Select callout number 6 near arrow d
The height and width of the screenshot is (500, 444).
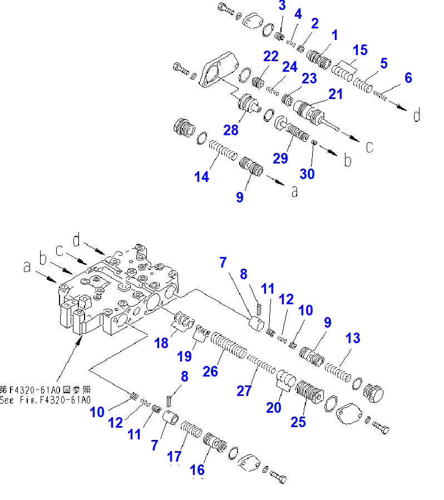pyautogui.click(x=408, y=78)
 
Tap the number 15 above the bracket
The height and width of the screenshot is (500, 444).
pyautogui.click(x=360, y=51)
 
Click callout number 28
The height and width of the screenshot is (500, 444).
pyautogui.click(x=231, y=130)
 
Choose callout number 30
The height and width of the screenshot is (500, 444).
pyautogui.click(x=307, y=174)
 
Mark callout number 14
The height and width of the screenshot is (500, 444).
pyautogui.click(x=201, y=177)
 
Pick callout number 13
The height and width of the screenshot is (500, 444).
pyautogui.click(x=353, y=338)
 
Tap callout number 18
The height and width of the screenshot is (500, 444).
pyautogui.click(x=161, y=343)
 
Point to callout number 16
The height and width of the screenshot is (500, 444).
pyautogui.click(x=197, y=470)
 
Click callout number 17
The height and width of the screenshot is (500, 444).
pyautogui.click(x=174, y=457)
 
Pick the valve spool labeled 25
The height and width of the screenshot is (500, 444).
pyautogui.click(x=309, y=392)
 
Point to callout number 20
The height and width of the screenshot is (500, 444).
pyautogui.click(x=274, y=408)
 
